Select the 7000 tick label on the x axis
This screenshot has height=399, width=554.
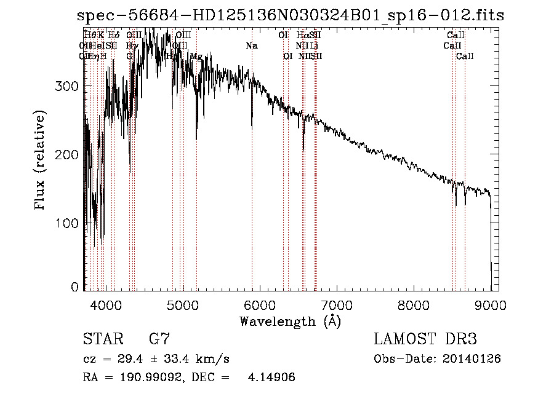[337, 305]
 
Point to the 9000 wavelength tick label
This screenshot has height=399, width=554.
[491, 305]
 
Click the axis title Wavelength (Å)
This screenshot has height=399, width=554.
[290, 321]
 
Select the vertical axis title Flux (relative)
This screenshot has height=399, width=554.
[41, 161]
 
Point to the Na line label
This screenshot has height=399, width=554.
[252, 46]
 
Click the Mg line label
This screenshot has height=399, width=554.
[196, 57]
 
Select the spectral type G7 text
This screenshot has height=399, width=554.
[159, 339]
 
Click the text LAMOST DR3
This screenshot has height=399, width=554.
[425, 339]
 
